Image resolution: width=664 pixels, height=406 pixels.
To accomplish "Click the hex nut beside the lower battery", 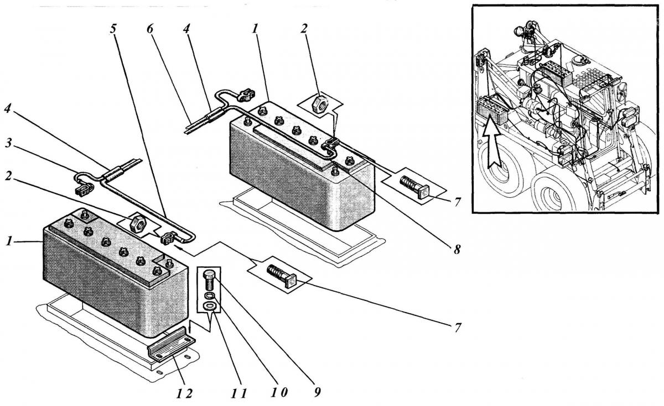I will (137, 223).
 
